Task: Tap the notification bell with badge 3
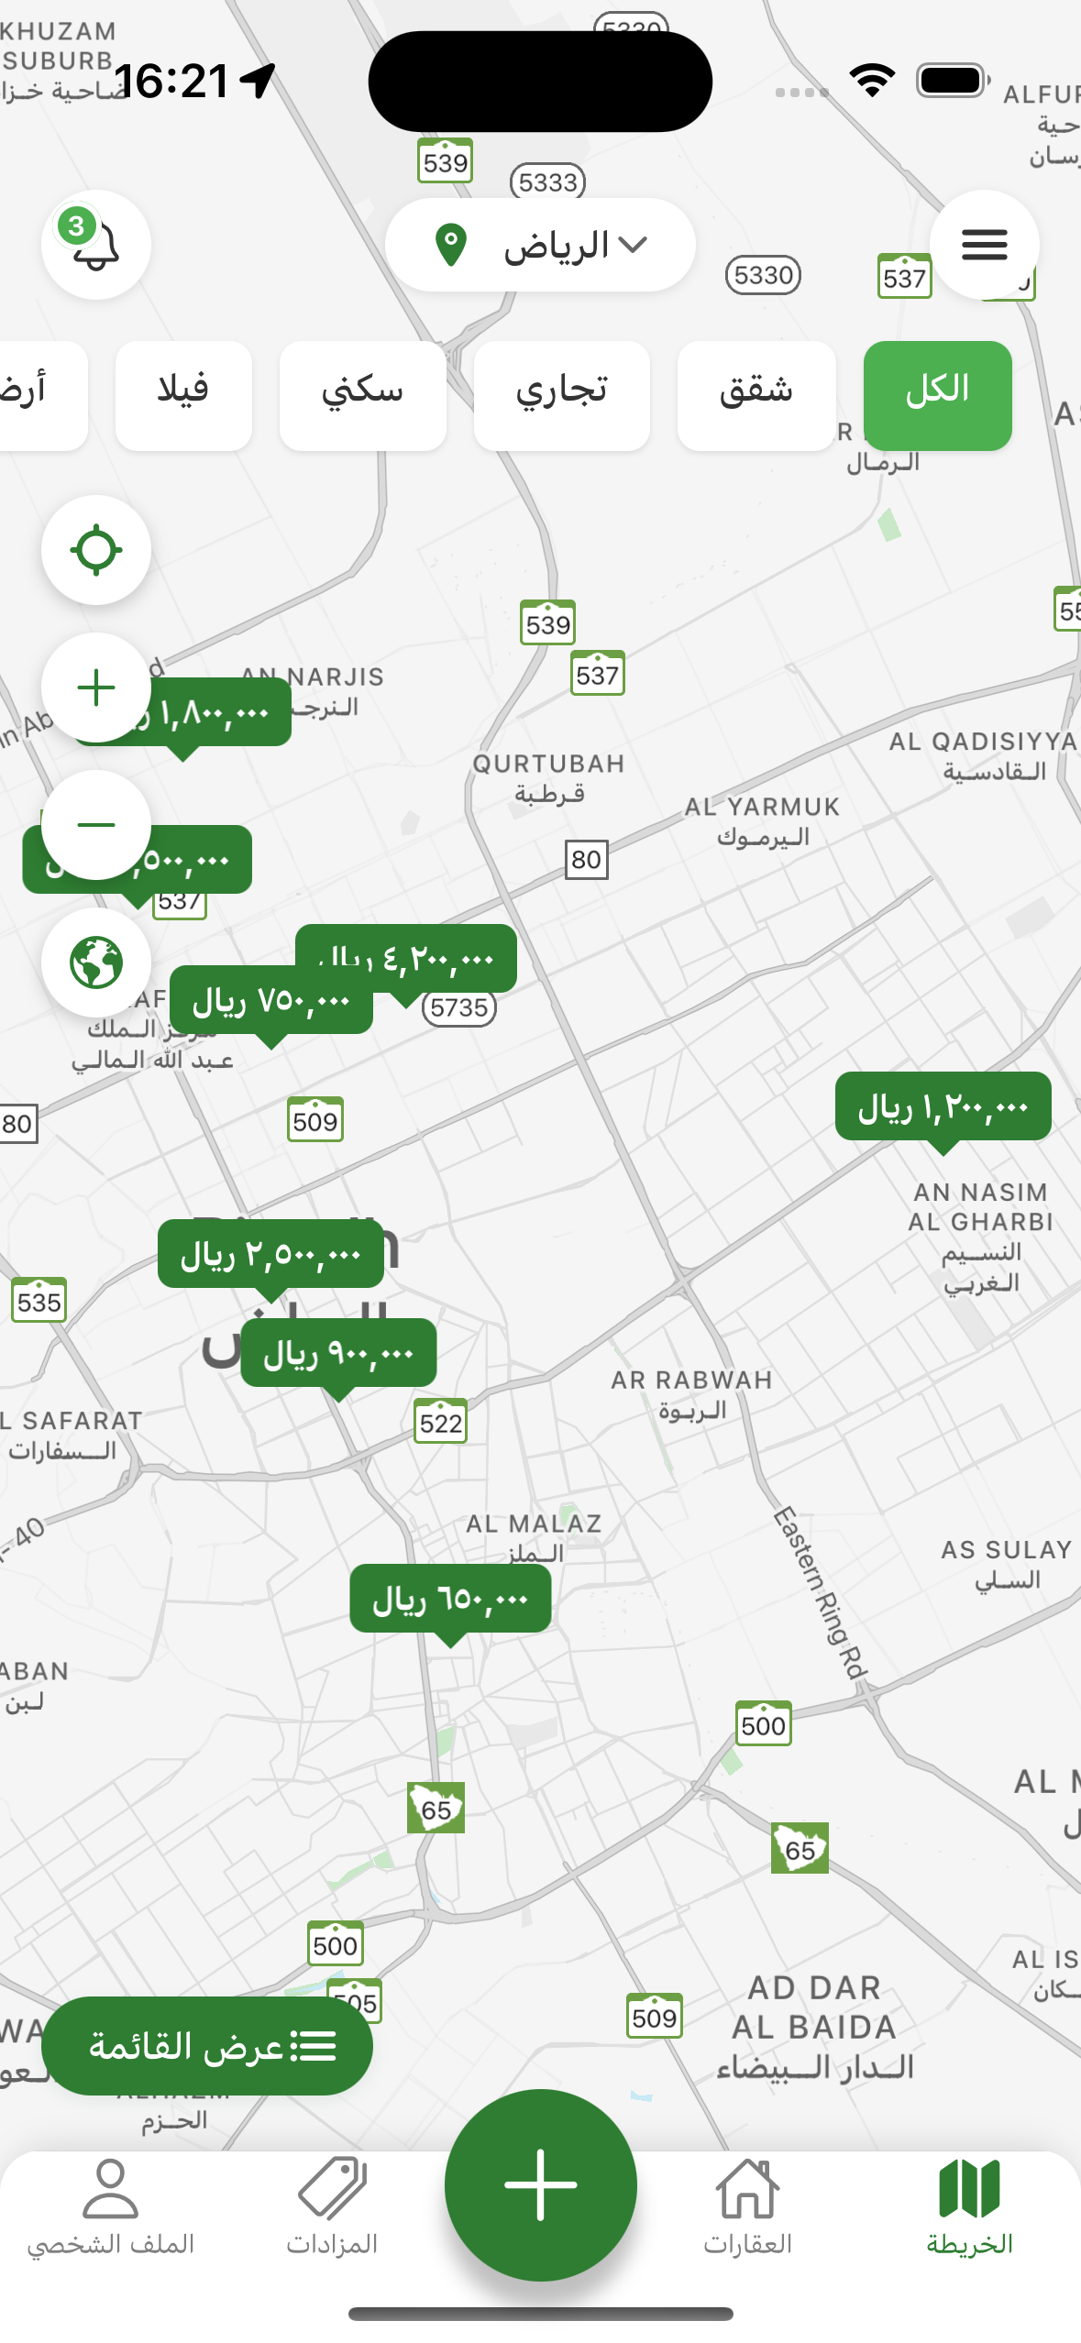[96, 245]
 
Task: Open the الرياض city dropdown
[540, 245]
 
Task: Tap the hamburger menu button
[984, 245]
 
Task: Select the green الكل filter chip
[937, 395]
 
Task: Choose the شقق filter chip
[756, 395]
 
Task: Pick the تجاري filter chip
[561, 395]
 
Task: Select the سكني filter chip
[362, 395]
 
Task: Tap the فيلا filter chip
[183, 395]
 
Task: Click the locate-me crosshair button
[96, 550]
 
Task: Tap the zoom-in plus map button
[96, 687]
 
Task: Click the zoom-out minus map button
[96, 825]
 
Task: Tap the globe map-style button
[96, 962]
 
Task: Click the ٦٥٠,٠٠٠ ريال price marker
[450, 1600]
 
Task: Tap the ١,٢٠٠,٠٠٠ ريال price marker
[943, 1107]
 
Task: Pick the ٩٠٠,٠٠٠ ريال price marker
[338, 1354]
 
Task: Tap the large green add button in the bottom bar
[540, 2184]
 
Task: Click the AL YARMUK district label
[762, 820]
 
